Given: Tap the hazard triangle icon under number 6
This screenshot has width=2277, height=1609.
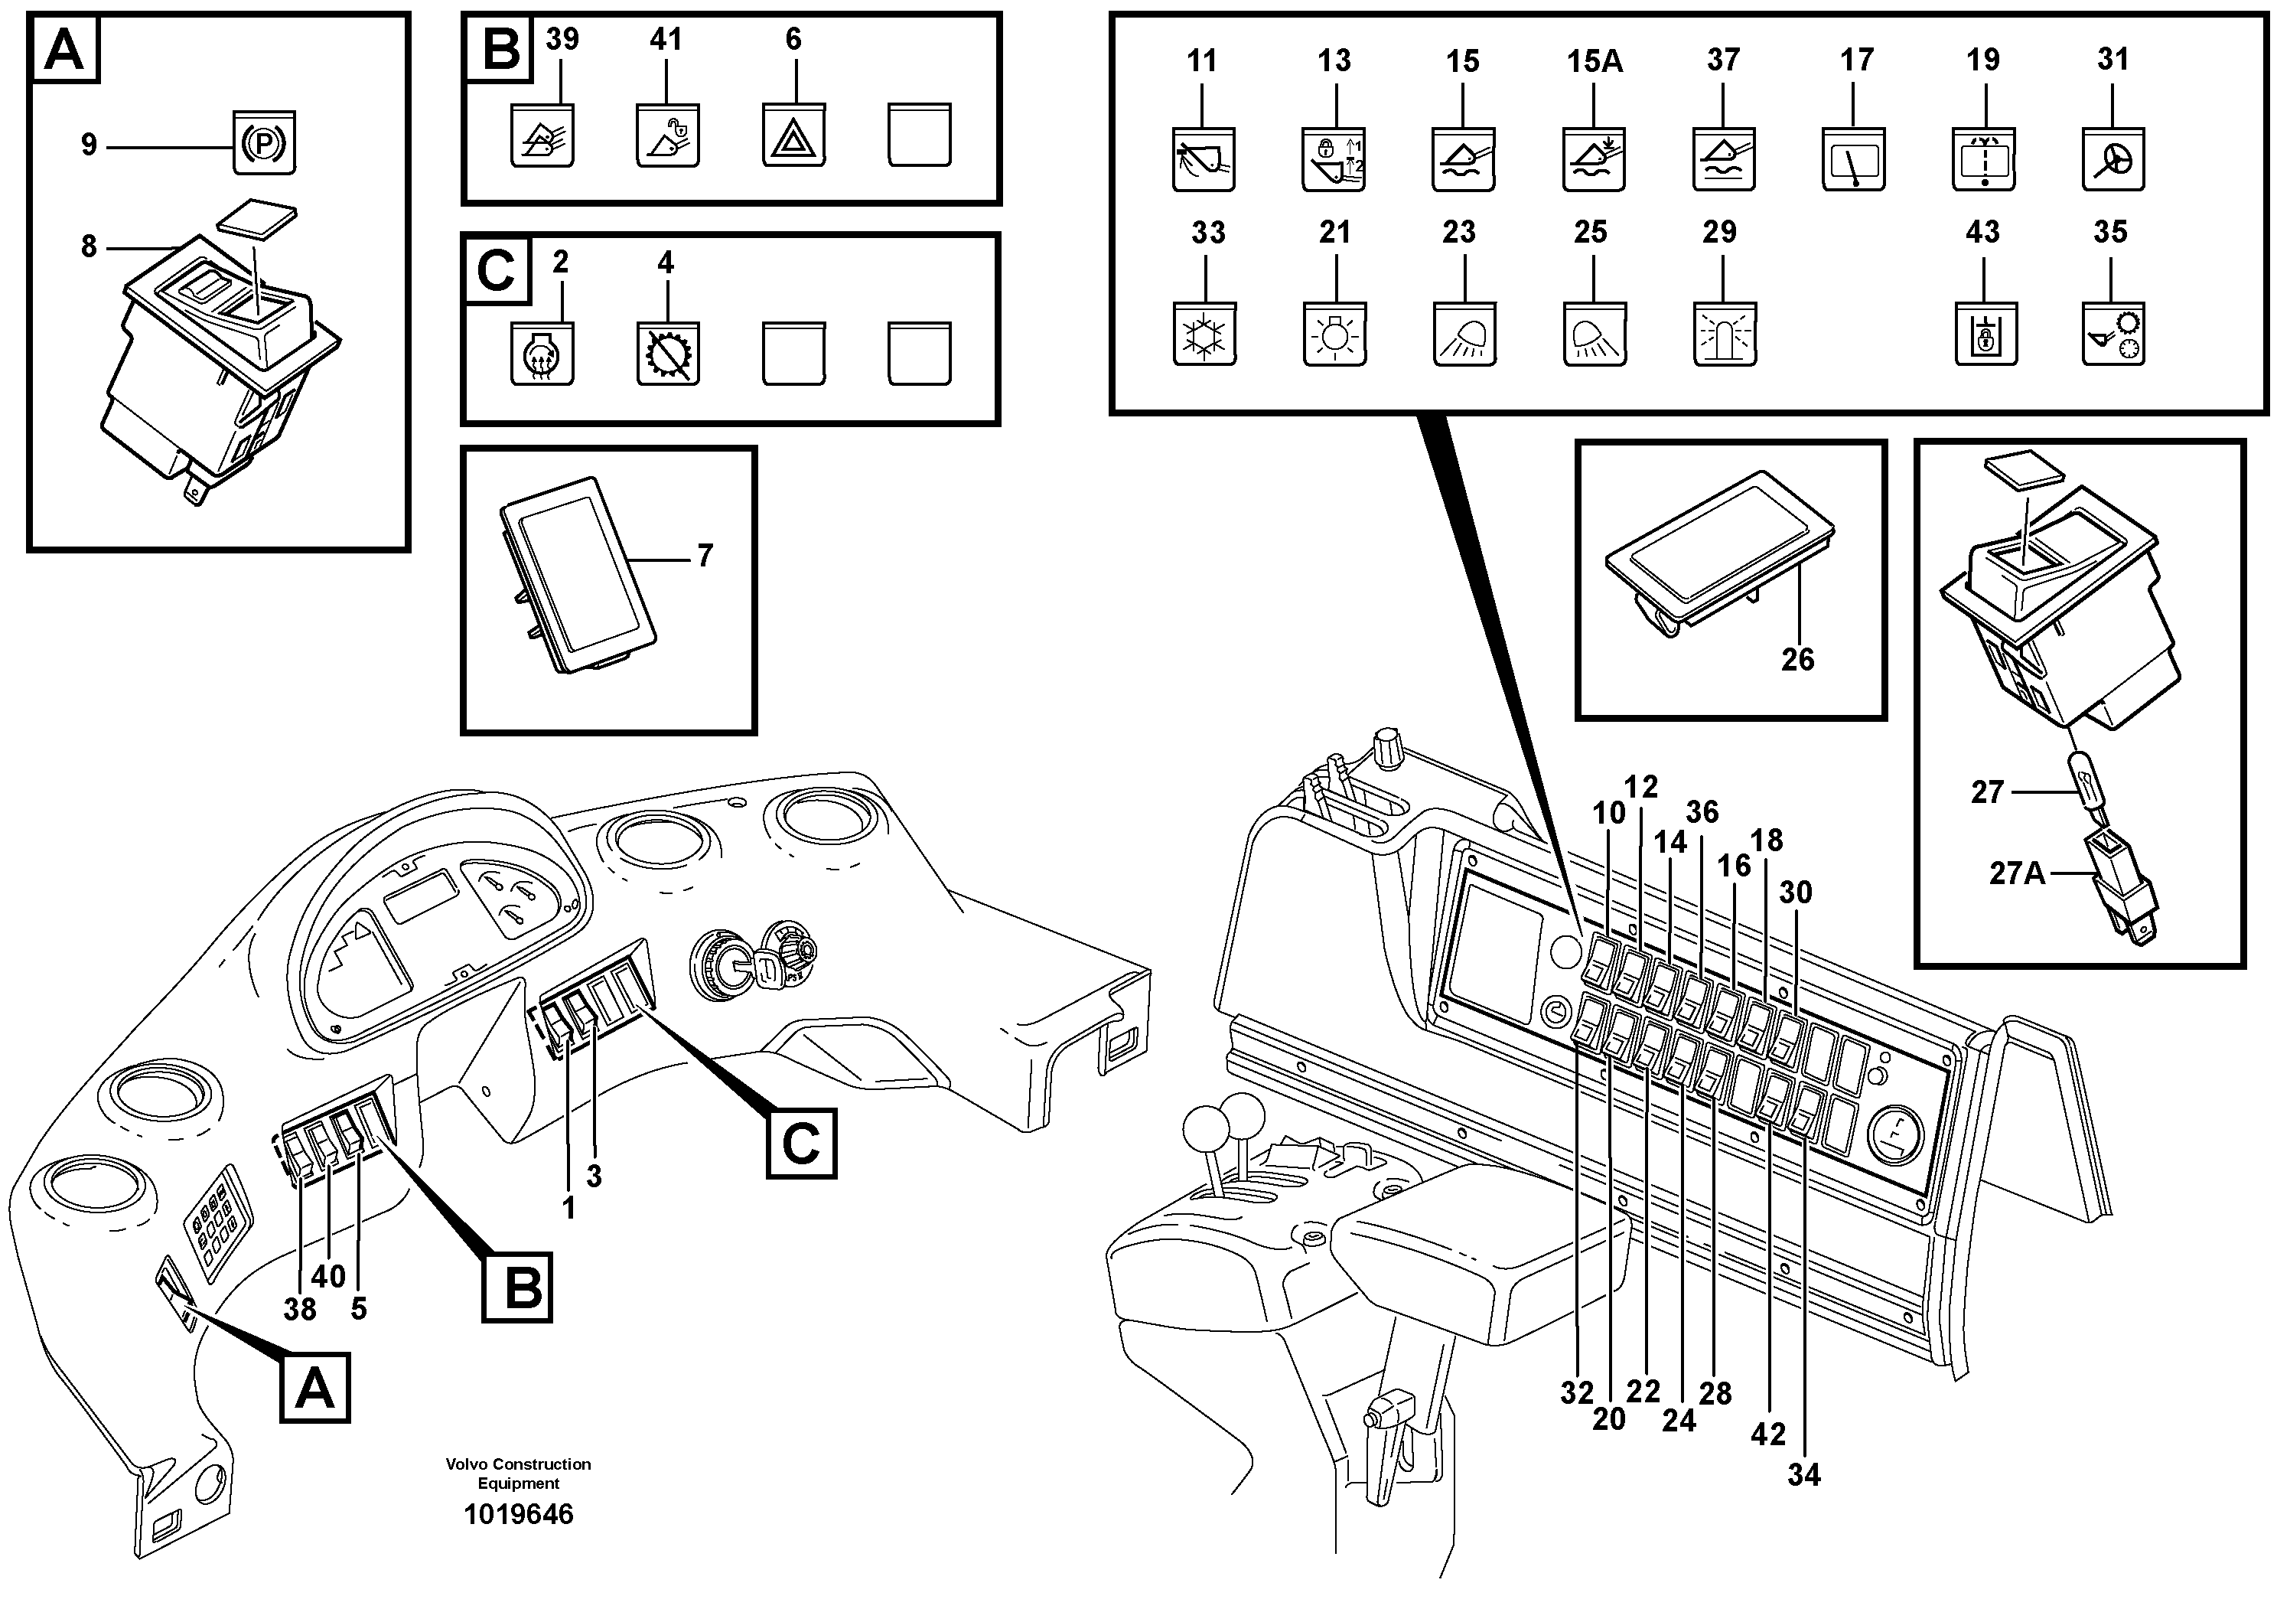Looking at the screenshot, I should coord(793,137).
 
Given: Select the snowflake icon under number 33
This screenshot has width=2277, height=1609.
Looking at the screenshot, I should coord(1204,335).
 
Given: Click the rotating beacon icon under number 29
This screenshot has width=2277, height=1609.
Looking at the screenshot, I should coord(1724,335).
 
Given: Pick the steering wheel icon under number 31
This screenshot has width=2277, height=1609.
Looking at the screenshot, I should coord(2112,161).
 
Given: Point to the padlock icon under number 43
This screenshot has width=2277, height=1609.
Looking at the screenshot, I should coord(1985,335).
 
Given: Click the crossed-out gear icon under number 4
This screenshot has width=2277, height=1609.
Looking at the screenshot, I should coord(667,354).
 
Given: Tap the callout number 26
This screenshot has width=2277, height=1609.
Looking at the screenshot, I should coord(1797,660).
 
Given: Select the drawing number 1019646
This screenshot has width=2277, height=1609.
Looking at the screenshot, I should coord(519,1515).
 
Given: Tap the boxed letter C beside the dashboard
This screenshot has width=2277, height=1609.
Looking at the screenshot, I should coord(801,1144).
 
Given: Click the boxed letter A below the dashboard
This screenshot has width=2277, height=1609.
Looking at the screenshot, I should coord(314,1388).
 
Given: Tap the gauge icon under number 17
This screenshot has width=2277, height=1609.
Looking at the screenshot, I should coord(1852,161).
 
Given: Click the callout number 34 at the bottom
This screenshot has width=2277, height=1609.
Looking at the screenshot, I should coord(1804,1475).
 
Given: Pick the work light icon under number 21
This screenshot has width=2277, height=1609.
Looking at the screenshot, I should coord(1334,335).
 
